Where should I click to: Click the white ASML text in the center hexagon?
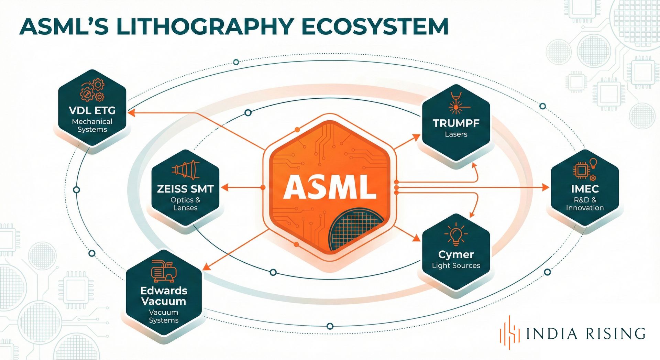[330, 187]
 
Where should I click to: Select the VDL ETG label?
[92, 110]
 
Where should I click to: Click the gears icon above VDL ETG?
[92, 90]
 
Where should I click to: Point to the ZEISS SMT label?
[185, 189]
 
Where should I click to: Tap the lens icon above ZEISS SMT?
[185, 169]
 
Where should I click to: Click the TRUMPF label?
[456, 123]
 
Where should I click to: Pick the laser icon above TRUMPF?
[456, 103]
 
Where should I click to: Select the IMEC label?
[585, 189]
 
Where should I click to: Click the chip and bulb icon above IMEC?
[585, 169]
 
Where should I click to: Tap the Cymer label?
[456, 254]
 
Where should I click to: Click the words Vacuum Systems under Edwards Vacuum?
[164, 316]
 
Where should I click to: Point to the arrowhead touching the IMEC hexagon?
[546, 187]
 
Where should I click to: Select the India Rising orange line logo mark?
[509, 332]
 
